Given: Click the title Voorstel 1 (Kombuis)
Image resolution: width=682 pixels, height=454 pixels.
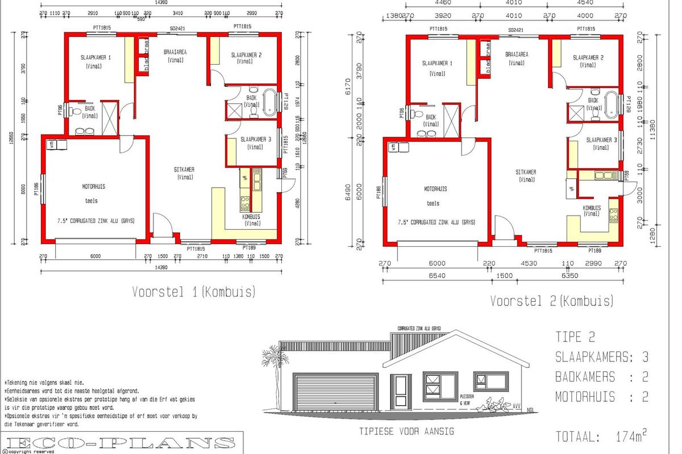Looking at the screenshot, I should click(194, 292).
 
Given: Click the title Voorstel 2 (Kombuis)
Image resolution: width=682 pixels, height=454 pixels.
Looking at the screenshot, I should click(552, 301).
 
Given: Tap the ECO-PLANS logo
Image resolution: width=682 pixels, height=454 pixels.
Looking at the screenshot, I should click(122, 443).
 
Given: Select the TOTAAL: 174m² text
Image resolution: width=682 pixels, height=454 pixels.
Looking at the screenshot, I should click(601, 437).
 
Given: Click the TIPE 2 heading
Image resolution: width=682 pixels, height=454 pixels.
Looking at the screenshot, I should click(575, 337).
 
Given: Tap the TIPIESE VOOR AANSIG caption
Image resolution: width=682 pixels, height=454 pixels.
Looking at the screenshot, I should click(406, 431).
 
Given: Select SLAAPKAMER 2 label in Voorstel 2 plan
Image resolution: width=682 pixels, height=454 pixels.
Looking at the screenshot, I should click(588, 58).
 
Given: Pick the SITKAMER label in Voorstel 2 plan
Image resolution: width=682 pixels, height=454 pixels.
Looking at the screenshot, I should click(526, 173).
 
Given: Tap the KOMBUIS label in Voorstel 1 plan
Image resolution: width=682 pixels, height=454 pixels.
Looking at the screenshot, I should click(251, 217).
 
